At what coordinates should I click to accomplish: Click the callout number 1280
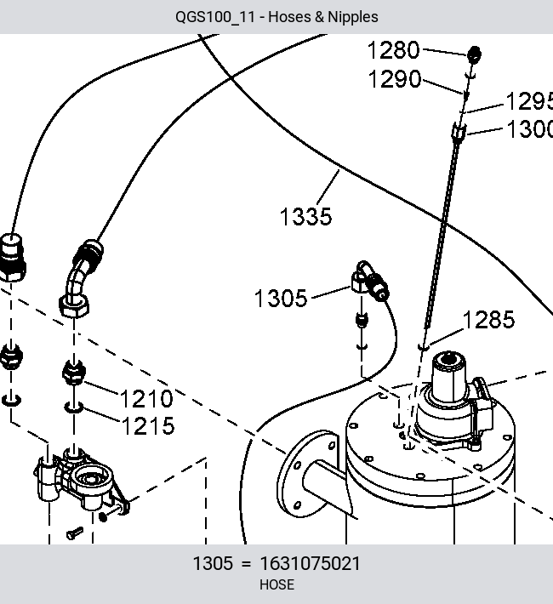pyautogui.click(x=393, y=50)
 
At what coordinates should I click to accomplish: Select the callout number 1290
pyautogui.click(x=395, y=79)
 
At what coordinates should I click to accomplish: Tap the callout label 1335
pyautogui.click(x=305, y=216)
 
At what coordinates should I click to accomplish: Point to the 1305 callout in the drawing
pyautogui.click(x=281, y=298)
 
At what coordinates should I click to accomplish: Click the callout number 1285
pyautogui.click(x=488, y=320)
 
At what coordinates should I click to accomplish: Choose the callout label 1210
pyautogui.click(x=146, y=399)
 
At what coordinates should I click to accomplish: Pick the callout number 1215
pyautogui.click(x=148, y=426)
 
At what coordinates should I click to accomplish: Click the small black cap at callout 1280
pyautogui.click(x=474, y=54)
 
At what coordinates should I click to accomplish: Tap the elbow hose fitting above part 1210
pyautogui.click(x=80, y=279)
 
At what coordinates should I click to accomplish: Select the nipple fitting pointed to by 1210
pyautogui.click(x=74, y=372)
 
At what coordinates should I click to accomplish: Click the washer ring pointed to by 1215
pyautogui.click(x=74, y=407)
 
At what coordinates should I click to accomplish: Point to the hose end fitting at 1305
pyautogui.click(x=369, y=282)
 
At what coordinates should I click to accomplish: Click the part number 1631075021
pyautogui.click(x=311, y=563)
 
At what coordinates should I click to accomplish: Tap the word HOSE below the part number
pyautogui.click(x=276, y=584)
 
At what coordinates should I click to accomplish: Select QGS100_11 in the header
pyautogui.click(x=215, y=17)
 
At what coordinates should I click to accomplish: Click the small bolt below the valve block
pyautogui.click(x=75, y=533)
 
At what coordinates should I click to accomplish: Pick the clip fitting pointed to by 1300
pyautogui.click(x=459, y=131)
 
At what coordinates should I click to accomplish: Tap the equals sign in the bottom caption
pyautogui.click(x=246, y=564)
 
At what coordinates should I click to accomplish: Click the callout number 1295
pyautogui.click(x=529, y=102)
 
